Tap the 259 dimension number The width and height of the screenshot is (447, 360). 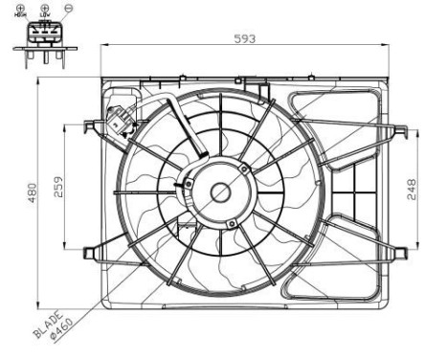point(59,187)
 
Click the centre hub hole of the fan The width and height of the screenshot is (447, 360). point(220,191)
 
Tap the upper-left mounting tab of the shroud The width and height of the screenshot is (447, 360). point(92,124)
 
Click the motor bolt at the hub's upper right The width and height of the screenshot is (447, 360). point(246,169)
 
